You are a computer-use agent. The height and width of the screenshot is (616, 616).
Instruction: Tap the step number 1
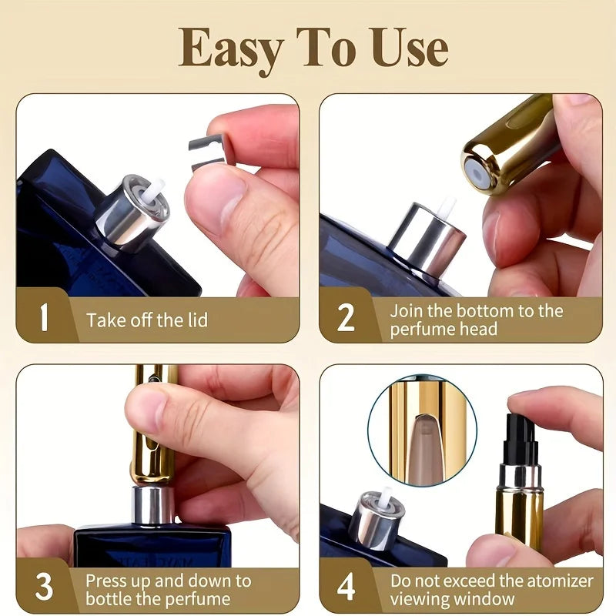[44, 316]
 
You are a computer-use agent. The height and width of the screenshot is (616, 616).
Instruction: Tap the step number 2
[346, 316]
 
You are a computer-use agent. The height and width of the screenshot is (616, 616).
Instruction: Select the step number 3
[44, 587]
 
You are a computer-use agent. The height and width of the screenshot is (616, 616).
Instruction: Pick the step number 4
[346, 587]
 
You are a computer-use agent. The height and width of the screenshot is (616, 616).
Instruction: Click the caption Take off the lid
[146, 320]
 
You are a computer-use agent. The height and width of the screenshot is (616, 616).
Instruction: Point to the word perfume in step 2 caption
[420, 329]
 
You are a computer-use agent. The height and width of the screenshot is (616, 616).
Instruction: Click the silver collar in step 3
[152, 504]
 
